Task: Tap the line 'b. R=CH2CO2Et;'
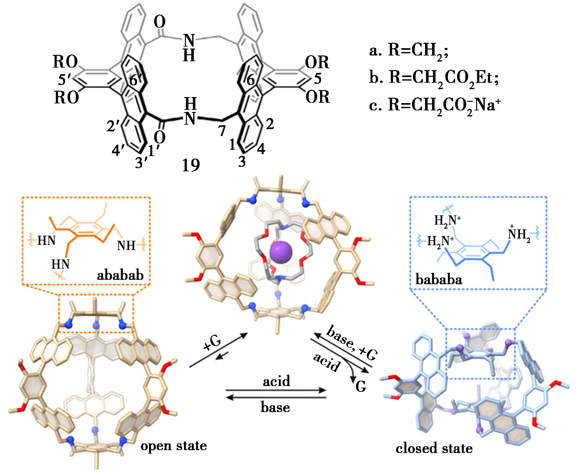tap(434, 77)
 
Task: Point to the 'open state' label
tap(174, 446)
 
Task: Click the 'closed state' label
tap(434, 448)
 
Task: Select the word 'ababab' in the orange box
tap(120, 275)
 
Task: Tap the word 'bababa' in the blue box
tap(439, 279)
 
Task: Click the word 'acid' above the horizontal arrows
tap(276, 381)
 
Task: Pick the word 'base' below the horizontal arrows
tap(275, 407)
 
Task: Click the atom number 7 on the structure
tap(222, 130)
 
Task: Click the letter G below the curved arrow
tap(361, 386)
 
